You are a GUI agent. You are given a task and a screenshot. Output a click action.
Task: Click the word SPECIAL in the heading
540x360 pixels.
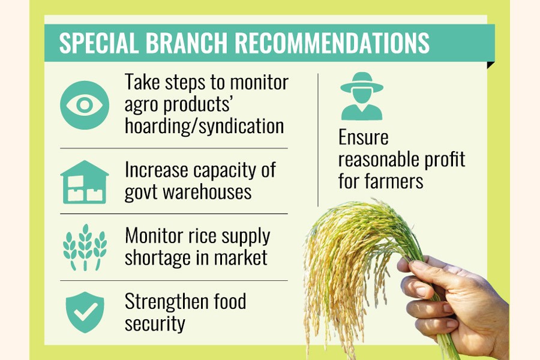pos(98,43)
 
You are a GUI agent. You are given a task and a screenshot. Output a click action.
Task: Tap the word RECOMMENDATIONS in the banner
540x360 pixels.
pos(332,43)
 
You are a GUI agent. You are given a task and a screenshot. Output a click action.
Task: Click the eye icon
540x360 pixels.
pos(85,105)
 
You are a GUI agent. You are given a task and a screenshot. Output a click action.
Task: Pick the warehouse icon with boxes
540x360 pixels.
pos(85,182)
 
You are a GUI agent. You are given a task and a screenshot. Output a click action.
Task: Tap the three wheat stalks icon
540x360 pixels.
pos(85,247)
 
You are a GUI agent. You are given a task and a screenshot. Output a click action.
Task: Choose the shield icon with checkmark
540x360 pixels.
pos(85,312)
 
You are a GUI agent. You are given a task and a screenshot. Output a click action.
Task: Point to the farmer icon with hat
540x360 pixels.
pos(362,96)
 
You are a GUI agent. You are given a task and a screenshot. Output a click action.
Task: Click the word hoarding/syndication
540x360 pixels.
pos(204,126)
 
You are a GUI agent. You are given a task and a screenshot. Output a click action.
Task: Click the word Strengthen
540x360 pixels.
pos(166,302)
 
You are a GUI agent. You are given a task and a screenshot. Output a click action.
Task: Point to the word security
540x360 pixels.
pos(155,323)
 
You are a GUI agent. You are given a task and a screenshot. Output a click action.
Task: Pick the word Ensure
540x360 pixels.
pos(364,137)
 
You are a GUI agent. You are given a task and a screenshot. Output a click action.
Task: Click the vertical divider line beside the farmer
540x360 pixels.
pos(318,140)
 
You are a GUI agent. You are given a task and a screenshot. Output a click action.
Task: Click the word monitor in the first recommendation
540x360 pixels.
pos(259,83)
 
